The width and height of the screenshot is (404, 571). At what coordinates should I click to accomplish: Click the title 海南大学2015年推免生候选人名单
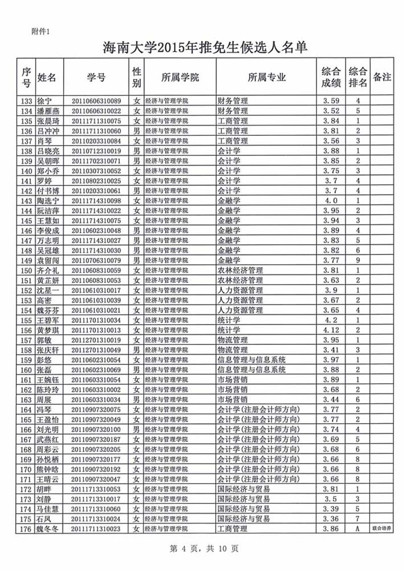204,48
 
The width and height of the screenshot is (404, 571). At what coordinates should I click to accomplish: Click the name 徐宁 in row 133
45,100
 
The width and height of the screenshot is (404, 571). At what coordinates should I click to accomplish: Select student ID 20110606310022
96,111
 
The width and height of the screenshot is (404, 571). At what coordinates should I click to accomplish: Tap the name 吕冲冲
48,131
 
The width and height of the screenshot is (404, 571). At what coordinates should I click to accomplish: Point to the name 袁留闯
48,261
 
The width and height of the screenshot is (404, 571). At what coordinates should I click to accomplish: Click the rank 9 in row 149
358,261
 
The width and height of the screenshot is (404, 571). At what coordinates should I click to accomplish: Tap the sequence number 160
27,370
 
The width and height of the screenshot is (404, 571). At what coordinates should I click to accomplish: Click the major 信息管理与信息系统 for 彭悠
251,360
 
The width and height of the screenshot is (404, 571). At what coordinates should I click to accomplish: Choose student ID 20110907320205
96,450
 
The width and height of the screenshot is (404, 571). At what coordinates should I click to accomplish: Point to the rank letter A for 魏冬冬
358,530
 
